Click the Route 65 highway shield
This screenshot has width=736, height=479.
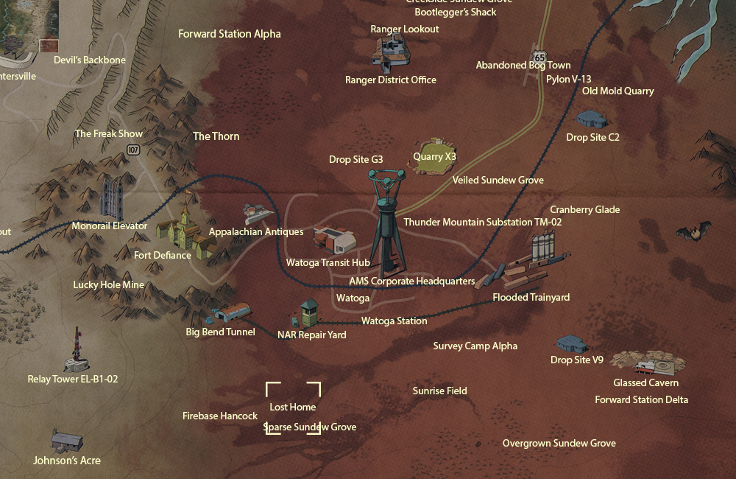click(x=541, y=57)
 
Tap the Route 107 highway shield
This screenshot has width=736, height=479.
click(x=132, y=150)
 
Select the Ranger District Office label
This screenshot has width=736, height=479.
click(x=391, y=80)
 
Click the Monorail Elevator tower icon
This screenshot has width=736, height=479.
click(x=112, y=197)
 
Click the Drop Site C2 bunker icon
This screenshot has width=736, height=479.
click(x=592, y=119)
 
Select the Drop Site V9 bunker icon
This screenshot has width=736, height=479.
click(x=572, y=343)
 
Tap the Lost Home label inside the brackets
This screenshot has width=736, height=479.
click(x=293, y=407)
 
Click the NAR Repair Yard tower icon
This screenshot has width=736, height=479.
click(x=308, y=314)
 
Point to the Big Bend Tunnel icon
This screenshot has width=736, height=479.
click(x=229, y=314)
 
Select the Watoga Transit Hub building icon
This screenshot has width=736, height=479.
click(x=334, y=239)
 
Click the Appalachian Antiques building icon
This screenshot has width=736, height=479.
click(x=258, y=214)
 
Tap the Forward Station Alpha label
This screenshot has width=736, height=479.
click(x=230, y=34)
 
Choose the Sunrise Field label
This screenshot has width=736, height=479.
click(x=439, y=391)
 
